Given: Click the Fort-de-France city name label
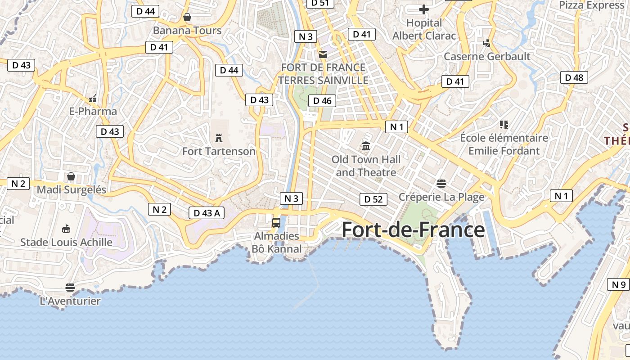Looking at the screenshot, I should coord(413,230).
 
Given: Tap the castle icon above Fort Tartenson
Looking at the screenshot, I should coord(219,138).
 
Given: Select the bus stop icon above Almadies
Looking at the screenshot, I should coord(276,222).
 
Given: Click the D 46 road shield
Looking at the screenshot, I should coord(322,101).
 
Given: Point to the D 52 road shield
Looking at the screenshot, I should coord(373,199).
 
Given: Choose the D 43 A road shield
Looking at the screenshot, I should coord(207,213).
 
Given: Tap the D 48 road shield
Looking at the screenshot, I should coord(574,77).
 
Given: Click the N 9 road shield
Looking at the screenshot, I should coord(619,284).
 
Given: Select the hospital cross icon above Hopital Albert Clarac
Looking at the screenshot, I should coord(424,9).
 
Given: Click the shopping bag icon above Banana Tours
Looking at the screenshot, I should coord(187,17).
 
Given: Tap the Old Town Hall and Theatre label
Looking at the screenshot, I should coord(366,166).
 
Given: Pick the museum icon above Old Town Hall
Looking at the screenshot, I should coord(366,146).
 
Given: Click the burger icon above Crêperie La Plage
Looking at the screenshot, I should coord(441,183).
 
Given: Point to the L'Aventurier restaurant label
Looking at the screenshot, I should coord(70,301).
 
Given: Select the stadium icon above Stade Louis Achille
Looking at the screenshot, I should coord(66,229).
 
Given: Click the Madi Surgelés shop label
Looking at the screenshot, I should coord(72,189).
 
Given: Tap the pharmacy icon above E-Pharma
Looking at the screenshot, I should coord(93,98).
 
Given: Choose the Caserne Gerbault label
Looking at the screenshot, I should coord(487,56).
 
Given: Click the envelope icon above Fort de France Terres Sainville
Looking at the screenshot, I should coord(323,54).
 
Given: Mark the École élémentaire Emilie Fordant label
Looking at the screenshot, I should coord(504,144).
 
